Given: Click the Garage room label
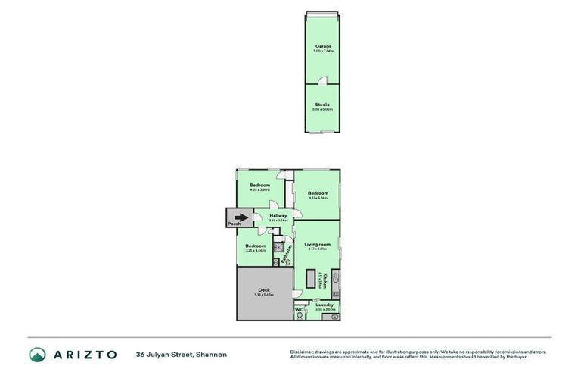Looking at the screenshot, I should pos(323,47).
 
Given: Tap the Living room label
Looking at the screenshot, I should pos(317,244).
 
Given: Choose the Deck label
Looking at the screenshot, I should pos(264,289).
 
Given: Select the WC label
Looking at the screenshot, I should pos(299,309).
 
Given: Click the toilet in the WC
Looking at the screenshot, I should pos(300,316).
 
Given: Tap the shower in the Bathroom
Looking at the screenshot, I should pos(278,248).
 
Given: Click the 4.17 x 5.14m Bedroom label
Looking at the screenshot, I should pos(318,193).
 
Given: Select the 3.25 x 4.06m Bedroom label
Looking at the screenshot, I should pos(255,246).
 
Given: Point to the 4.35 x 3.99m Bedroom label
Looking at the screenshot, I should pos(260,185).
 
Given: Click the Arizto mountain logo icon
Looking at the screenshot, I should pos(38,354).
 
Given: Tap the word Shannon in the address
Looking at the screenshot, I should pos(211,354).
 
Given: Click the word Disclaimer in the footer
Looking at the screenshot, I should pos(302,351).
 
